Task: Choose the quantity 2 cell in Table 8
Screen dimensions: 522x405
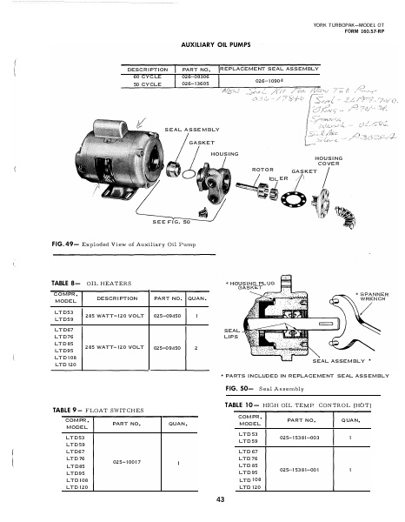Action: (200, 347)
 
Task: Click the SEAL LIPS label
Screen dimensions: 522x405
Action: (231, 334)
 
